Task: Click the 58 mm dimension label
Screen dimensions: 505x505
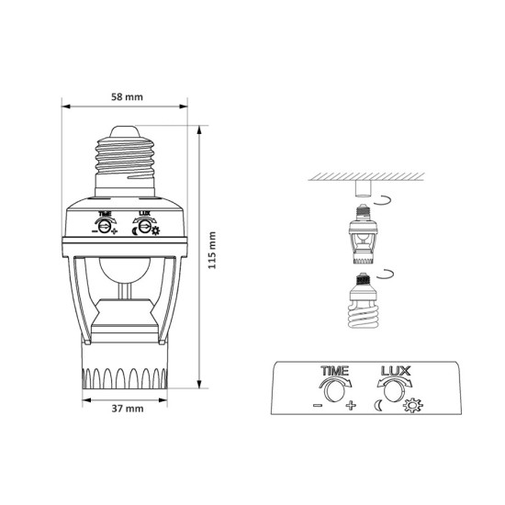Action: click(127, 97)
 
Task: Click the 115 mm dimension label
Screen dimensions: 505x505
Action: click(211, 251)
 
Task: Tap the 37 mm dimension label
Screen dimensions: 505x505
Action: click(128, 409)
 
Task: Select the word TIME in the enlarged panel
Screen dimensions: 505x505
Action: click(334, 371)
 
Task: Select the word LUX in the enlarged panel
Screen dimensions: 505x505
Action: click(396, 371)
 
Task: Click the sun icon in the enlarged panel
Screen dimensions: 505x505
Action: click(413, 406)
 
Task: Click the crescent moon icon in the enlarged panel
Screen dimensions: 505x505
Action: click(378, 405)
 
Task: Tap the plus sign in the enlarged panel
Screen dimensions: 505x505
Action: click(351, 405)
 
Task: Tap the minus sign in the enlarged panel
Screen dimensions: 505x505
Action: click(318, 405)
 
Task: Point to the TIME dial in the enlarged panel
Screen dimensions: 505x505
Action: click(334, 390)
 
